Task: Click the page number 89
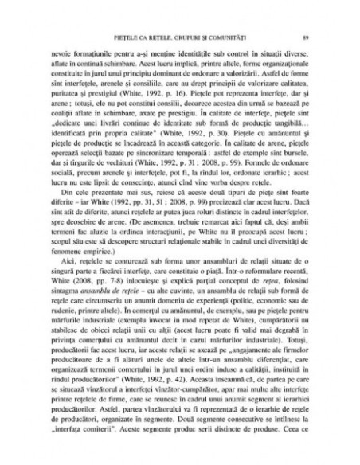click(x=295, y=38)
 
